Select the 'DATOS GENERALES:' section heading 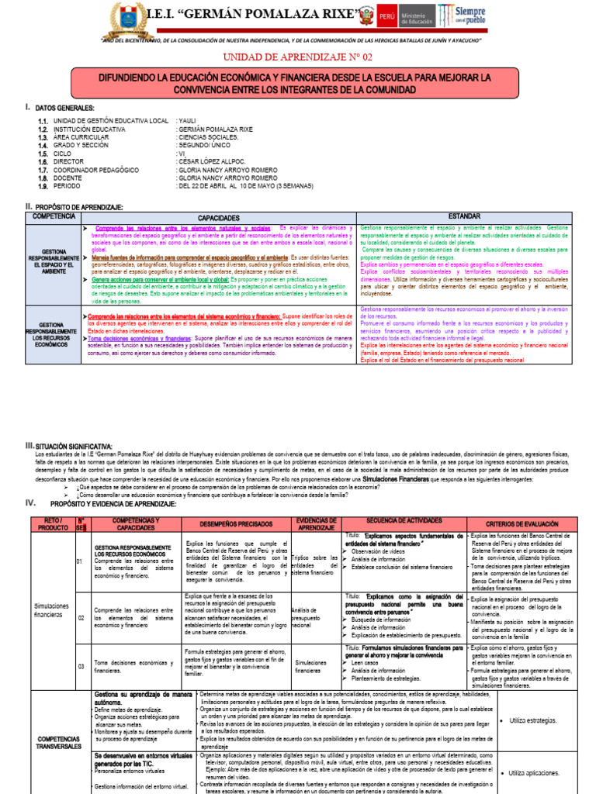[65, 108]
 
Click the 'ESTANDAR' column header [464, 216]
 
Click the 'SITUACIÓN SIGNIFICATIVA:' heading [74, 446]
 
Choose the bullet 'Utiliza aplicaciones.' [535, 772]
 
